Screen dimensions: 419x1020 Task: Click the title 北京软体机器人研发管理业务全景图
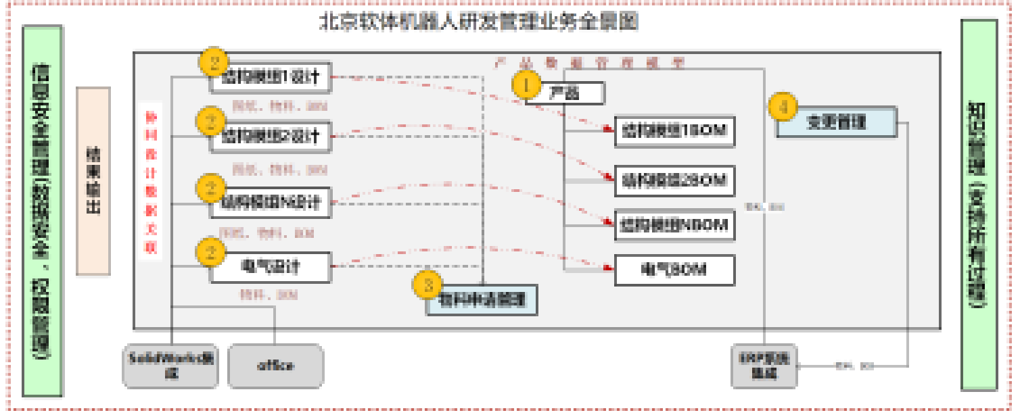tap(479, 22)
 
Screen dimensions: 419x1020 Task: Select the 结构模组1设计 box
tap(271, 77)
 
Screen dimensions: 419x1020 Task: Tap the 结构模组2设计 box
tap(271, 136)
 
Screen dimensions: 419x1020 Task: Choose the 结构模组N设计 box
tap(271, 201)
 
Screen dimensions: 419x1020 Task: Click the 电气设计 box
tap(271, 267)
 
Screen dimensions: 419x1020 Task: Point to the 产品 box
tap(564, 93)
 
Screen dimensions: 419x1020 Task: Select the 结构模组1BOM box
tap(674, 131)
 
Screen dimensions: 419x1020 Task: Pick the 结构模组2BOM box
tap(674, 179)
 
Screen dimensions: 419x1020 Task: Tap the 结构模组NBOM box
tap(674, 225)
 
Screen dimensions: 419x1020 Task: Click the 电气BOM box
tap(674, 270)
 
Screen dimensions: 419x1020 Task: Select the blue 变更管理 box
tap(836, 122)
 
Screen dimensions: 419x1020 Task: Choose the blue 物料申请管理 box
tap(482, 300)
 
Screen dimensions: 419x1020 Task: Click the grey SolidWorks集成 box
tap(171, 366)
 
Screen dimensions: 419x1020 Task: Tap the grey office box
tap(275, 366)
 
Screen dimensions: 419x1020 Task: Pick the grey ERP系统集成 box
tap(765, 366)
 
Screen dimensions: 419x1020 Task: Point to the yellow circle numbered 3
tap(428, 285)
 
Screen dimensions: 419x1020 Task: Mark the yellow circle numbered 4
tap(783, 107)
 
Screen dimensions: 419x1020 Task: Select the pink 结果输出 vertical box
tap(93, 180)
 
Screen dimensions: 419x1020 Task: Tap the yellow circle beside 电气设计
tap(210, 252)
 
